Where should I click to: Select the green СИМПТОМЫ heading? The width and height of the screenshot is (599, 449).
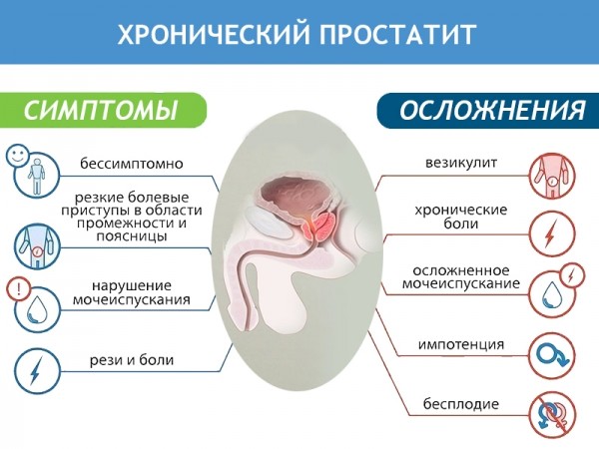tap(100, 109)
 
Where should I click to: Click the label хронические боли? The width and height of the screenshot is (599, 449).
tap(461, 218)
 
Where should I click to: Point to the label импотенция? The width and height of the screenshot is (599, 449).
tap(460, 345)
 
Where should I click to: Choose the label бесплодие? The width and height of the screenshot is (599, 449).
tap(460, 404)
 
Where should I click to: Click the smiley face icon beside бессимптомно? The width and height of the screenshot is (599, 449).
tap(17, 155)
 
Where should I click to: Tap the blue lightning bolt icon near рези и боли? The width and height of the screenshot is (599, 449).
tap(36, 371)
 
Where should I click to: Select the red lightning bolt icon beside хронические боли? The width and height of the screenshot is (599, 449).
tap(550, 233)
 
